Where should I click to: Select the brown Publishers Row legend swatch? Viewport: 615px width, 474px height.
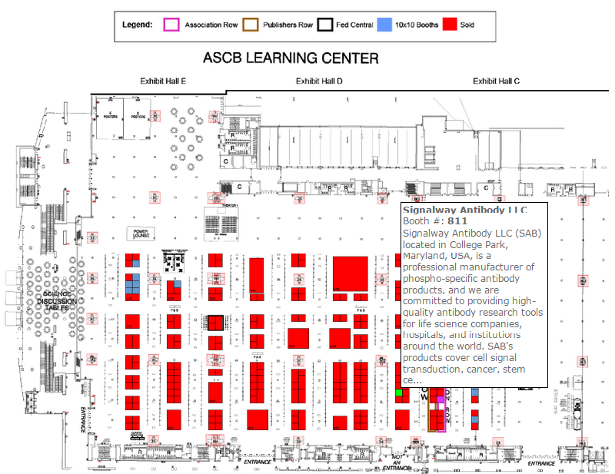249,25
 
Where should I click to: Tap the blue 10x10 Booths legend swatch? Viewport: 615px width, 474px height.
384,25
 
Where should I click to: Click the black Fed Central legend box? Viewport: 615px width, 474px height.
326,25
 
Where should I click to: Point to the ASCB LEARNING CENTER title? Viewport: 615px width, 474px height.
290,58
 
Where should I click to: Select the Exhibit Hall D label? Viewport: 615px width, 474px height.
319,81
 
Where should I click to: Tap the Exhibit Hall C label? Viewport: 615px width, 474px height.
496,81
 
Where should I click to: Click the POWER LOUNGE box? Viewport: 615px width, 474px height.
141,232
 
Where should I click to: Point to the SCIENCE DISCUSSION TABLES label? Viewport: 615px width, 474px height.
57,301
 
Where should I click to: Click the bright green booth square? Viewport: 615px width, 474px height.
398,393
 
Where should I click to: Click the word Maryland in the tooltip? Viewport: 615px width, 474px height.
428,256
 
